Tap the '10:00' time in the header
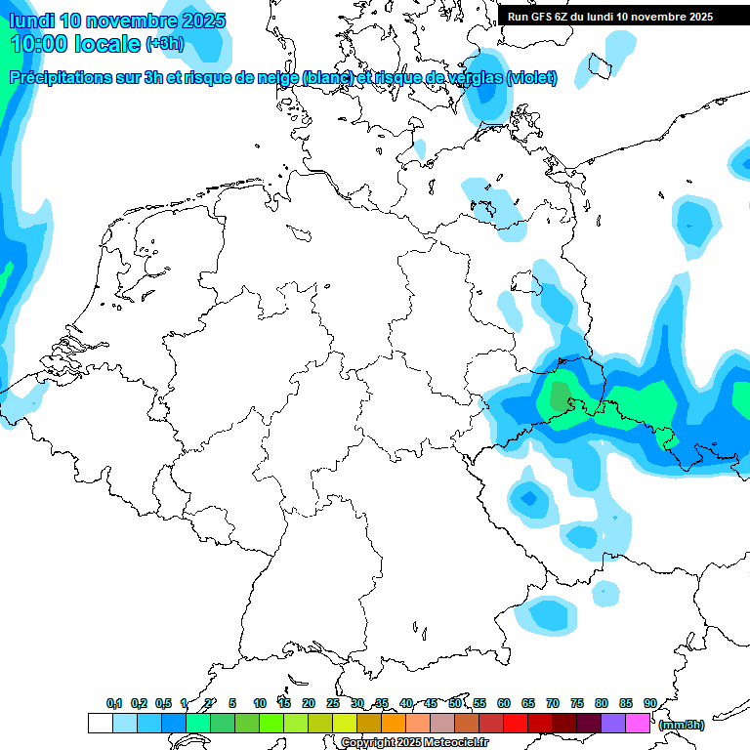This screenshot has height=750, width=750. (40, 44)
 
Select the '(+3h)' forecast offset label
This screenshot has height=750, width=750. (164, 44)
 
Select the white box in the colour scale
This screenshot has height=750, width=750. (100, 724)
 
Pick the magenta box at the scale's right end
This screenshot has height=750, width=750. (638, 724)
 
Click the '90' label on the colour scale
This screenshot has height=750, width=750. (650, 703)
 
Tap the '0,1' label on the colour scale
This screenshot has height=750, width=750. (114, 703)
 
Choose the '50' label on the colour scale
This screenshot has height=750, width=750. (455, 703)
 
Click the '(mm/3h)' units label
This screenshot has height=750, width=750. (682, 725)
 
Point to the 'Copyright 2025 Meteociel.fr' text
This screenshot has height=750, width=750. (414, 742)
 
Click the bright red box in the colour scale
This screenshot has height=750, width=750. (516, 724)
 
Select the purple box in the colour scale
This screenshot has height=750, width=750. (613, 724)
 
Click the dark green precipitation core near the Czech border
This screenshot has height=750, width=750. (560, 396)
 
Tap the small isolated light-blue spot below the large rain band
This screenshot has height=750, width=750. (605, 592)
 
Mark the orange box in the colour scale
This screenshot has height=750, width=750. (394, 724)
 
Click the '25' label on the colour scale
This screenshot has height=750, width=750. (333, 703)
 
